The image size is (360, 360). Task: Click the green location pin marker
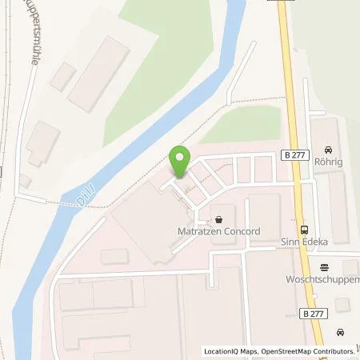click(x=179, y=162)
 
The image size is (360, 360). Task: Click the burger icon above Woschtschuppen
click(x=324, y=267)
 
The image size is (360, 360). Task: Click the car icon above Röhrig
click(x=328, y=149)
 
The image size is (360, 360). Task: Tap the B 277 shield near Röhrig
click(x=290, y=159)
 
